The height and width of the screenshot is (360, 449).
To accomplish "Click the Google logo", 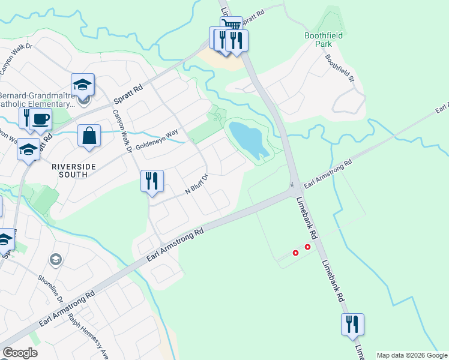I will (x=20, y=353).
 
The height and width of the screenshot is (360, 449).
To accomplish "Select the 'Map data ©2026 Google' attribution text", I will (x=412, y=355).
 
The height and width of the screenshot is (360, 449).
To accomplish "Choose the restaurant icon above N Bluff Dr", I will (x=152, y=180).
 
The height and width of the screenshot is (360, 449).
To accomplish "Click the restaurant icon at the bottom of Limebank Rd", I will (x=352, y=323).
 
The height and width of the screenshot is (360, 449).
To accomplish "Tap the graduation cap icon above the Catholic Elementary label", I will (x=83, y=83).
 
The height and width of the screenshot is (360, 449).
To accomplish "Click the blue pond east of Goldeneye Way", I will (x=248, y=138).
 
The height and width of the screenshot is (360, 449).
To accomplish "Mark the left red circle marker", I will (x=295, y=253).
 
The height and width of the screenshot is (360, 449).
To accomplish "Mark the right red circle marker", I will (x=308, y=247).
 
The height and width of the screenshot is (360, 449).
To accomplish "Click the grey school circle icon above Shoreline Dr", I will (x=55, y=259).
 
